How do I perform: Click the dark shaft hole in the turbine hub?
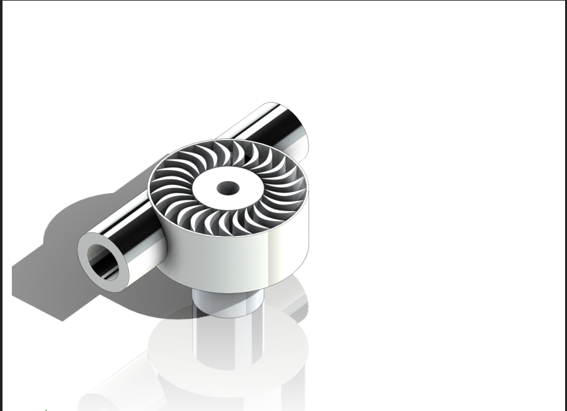click(x=228, y=187)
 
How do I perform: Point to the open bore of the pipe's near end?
click(x=103, y=262)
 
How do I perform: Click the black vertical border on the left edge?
click(x=1, y=205)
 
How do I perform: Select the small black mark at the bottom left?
click(x=45, y=409)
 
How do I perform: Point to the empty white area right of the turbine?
click(x=436, y=187)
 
